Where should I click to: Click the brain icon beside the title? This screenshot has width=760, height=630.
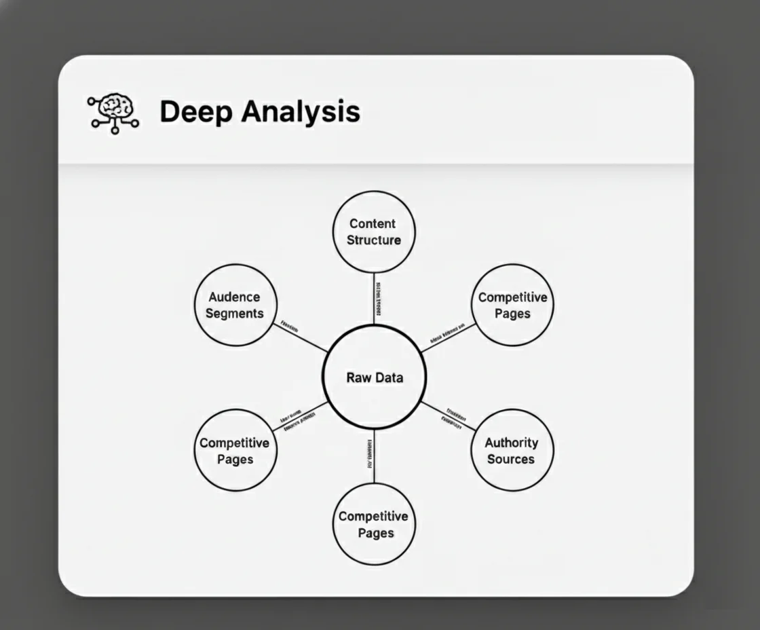coord(113,112)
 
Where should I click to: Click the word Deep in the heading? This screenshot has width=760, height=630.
coord(192,111)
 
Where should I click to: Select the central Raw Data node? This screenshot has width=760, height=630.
coord(374,377)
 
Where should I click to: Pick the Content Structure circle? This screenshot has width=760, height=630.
coord(374,231)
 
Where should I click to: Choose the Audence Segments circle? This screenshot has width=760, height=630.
coord(235,305)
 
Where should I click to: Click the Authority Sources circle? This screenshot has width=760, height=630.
coord(512,450)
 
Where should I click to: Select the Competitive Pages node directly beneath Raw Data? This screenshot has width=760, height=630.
coord(374,524)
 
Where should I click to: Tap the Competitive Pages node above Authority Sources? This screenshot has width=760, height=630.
coord(512,305)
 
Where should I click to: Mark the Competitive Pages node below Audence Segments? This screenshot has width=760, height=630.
coord(235,451)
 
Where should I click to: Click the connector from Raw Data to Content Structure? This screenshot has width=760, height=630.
coord(374,299)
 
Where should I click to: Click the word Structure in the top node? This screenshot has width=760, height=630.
coord(374,240)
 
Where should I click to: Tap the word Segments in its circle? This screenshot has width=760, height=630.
coord(235,314)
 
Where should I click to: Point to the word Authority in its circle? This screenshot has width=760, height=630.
coord(512,443)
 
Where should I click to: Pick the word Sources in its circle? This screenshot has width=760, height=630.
coord(511,459)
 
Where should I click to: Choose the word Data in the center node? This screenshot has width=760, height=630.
coord(389,378)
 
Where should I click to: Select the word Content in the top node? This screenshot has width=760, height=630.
coord(373,223)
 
